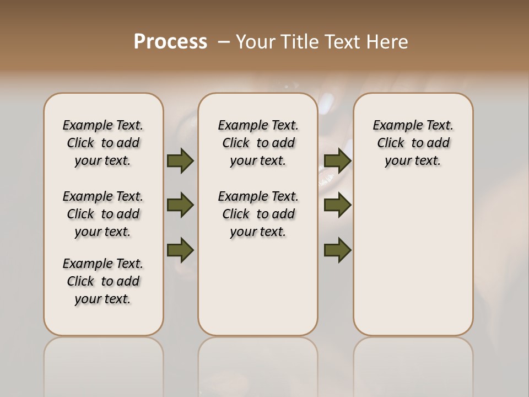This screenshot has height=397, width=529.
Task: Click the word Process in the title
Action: pyautogui.click(x=170, y=41)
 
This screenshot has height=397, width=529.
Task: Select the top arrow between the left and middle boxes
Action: pyautogui.click(x=180, y=160)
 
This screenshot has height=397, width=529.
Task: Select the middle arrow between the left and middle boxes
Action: pyautogui.click(x=180, y=205)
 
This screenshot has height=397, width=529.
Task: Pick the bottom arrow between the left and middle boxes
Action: pyautogui.click(x=180, y=250)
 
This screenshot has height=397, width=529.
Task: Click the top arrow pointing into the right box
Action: pyautogui.click(x=337, y=160)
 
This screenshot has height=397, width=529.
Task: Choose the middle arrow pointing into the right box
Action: pyautogui.click(x=337, y=205)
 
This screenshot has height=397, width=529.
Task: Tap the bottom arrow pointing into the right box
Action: pyautogui.click(x=337, y=250)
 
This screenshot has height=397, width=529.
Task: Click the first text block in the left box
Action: pyautogui.click(x=103, y=143)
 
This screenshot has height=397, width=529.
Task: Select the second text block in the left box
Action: pyautogui.click(x=103, y=214)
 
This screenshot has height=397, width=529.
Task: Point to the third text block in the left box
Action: pyautogui.click(x=103, y=281)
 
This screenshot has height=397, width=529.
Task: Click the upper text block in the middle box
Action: pyautogui.click(x=258, y=143)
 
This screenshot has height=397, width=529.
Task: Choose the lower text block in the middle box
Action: pyautogui.click(x=258, y=214)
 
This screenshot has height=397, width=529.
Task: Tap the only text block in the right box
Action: pyautogui.click(x=413, y=143)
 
